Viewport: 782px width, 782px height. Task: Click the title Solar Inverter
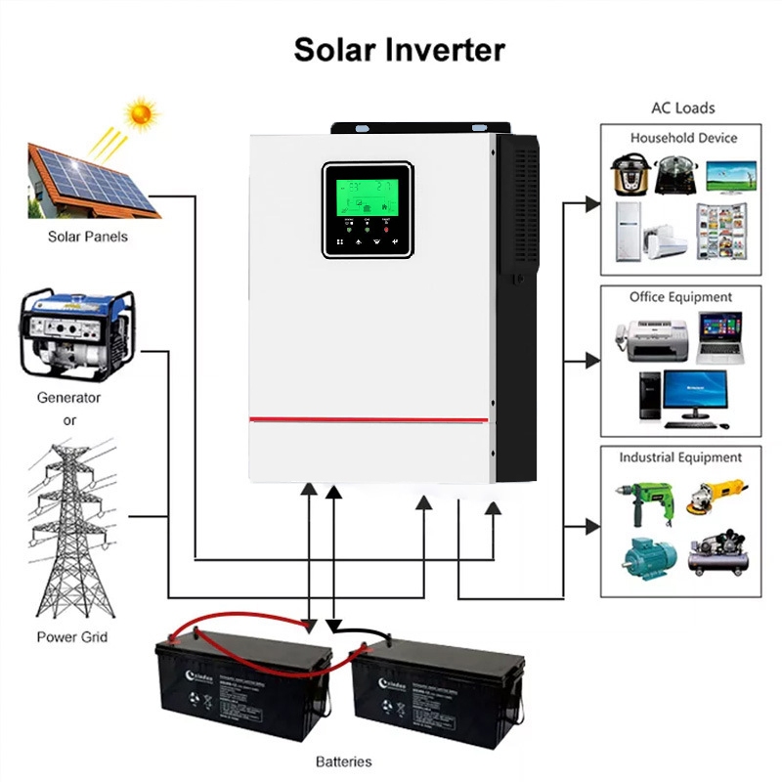pos(400,50)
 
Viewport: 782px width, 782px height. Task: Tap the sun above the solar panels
pos(143,113)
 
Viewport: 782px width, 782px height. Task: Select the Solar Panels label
pos(88,236)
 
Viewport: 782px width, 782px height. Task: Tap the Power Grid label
pos(72,637)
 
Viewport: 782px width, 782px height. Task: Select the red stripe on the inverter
pos(369,419)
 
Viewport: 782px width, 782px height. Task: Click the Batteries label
pos(343,760)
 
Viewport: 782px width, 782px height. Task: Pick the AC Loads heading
pos(683,108)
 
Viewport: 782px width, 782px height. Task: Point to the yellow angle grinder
pos(718,493)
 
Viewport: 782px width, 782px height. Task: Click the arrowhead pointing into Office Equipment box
pos(592,361)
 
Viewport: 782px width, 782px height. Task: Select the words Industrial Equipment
pos(680,456)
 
